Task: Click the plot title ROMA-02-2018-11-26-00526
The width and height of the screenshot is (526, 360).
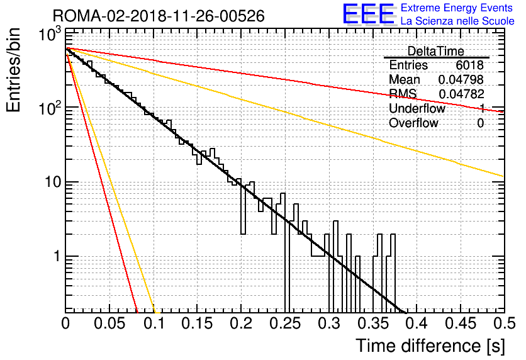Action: click(159, 16)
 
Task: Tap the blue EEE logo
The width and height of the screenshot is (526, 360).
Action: click(368, 14)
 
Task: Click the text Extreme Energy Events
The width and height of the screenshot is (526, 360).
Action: click(457, 8)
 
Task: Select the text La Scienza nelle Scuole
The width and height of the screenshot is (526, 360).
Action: click(457, 21)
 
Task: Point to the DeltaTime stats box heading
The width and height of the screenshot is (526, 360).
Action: click(436, 51)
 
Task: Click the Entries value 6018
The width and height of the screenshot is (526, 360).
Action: click(469, 65)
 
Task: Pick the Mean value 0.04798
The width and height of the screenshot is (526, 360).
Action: click(461, 79)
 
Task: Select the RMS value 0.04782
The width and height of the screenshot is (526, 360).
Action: click(461, 94)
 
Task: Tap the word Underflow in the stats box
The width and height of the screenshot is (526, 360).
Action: click(417, 108)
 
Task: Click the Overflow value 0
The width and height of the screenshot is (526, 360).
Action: click(480, 123)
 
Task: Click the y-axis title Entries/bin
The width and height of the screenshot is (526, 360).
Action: click(13, 70)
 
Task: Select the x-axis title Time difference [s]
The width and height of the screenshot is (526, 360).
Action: click(430, 346)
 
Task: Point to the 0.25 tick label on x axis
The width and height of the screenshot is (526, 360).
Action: click(285, 323)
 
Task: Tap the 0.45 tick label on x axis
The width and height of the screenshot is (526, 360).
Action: click(461, 323)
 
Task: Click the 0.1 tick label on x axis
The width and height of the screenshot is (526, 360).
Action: click(155, 323)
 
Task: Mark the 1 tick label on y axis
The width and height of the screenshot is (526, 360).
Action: click(57, 257)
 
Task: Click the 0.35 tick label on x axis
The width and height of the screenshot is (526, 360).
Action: click(373, 323)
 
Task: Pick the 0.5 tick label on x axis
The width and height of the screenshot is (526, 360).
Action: click(504, 323)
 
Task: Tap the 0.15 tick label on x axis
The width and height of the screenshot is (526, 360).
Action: click(198, 323)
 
